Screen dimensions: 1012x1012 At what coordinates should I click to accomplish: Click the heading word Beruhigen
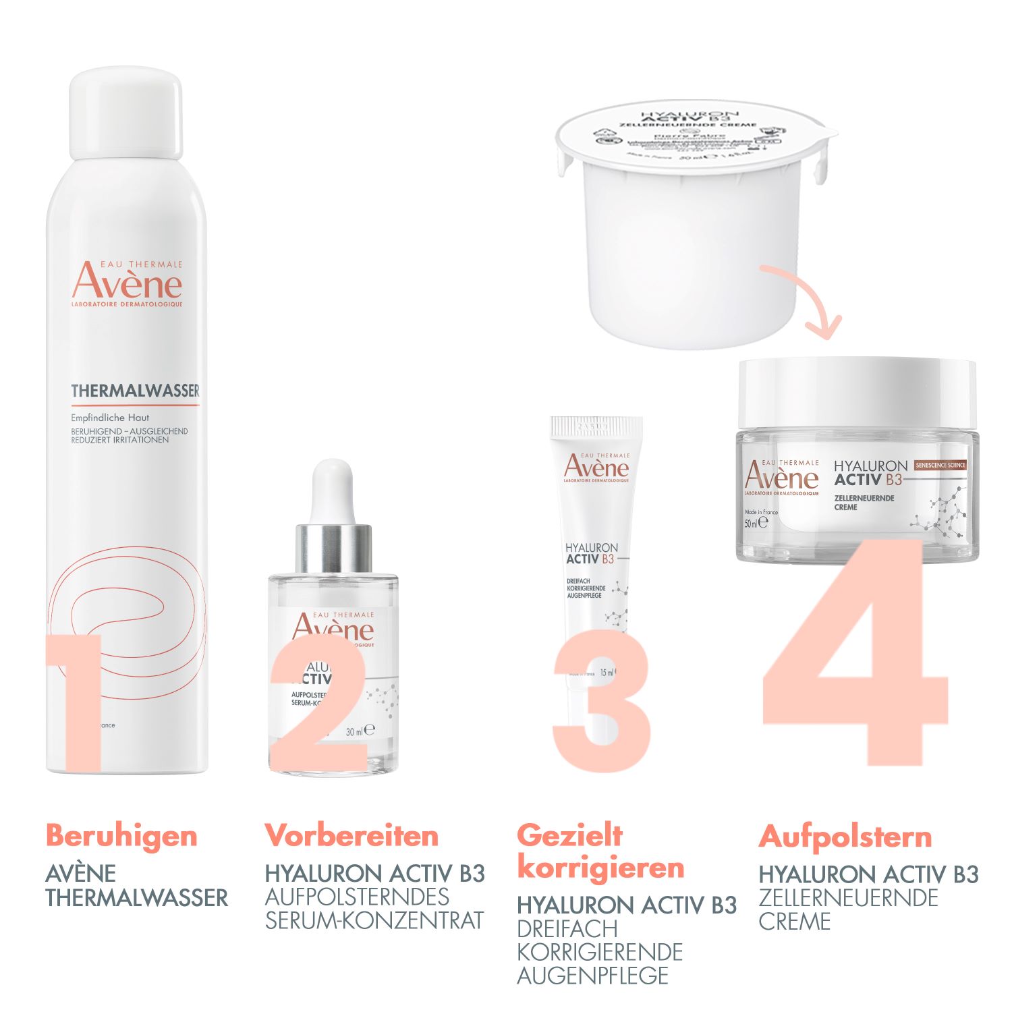[x=121, y=837]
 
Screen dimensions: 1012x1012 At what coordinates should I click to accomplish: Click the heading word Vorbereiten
[x=352, y=836]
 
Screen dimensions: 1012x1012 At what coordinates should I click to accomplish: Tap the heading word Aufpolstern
[x=845, y=837]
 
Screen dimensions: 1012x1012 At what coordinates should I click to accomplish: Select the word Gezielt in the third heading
[x=570, y=835]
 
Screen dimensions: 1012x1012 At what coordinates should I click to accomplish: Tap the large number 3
[x=600, y=702]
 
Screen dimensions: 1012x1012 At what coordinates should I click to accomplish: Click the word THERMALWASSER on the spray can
[x=135, y=391]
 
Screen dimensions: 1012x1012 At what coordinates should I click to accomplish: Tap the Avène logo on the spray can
[x=127, y=283]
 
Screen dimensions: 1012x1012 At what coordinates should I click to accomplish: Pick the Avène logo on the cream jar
[x=781, y=476]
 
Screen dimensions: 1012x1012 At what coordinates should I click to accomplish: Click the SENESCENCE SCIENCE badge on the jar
[x=940, y=465]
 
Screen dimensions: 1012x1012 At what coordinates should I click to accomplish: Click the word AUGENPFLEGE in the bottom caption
[x=592, y=976]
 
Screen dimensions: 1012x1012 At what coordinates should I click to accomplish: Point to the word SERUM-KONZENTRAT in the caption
[x=374, y=920]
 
